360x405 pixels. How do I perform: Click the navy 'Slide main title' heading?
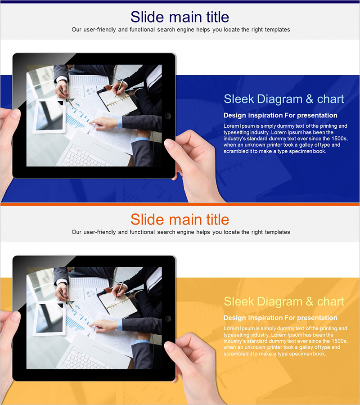[180, 17]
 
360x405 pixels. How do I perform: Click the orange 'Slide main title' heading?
[180, 220]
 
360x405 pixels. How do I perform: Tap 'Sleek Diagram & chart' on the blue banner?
[284, 99]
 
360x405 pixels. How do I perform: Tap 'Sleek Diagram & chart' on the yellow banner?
[284, 301]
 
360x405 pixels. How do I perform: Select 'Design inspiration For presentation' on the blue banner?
[280, 115]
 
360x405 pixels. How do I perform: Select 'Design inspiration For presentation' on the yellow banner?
[280, 318]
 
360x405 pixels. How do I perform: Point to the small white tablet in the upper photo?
[49, 116]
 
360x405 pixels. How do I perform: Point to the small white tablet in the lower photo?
[49, 319]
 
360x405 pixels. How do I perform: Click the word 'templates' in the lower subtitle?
[277, 232]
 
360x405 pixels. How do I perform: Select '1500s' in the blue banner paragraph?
[340, 139]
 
